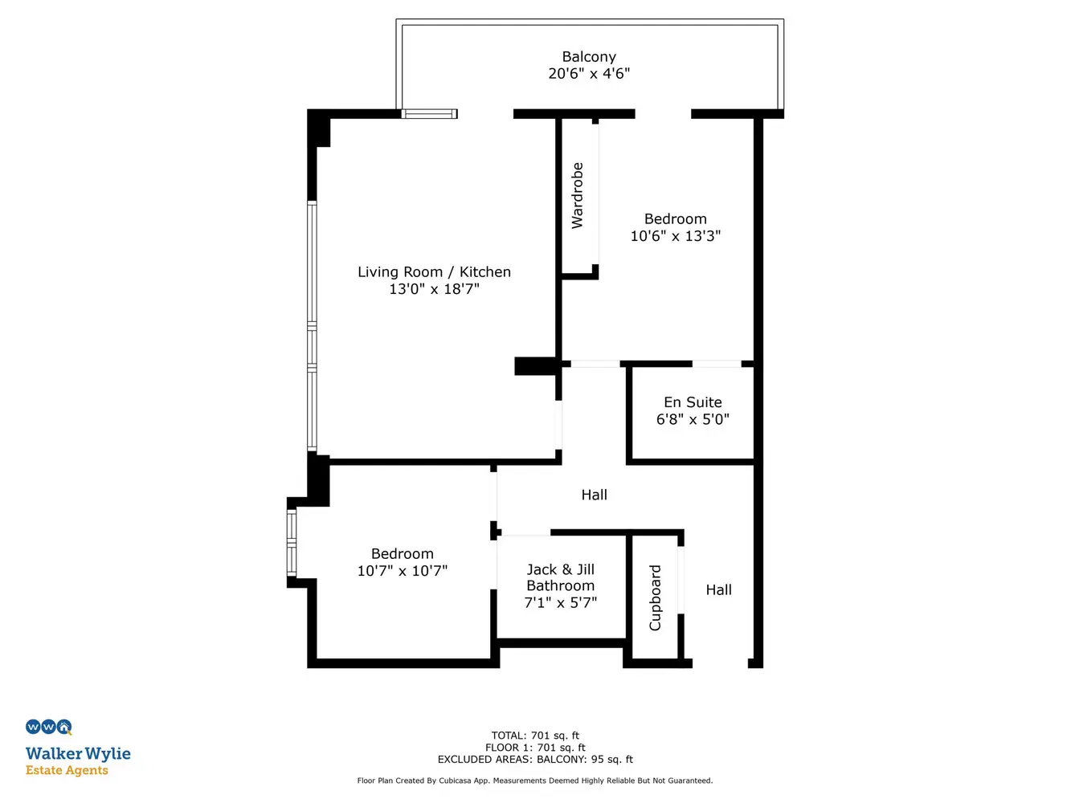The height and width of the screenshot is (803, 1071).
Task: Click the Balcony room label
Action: pos(588,57)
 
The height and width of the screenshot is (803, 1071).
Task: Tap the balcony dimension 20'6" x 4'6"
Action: pos(588,74)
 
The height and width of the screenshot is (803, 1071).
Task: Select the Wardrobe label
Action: pos(577,195)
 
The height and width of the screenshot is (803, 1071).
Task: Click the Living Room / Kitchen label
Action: pos(434,271)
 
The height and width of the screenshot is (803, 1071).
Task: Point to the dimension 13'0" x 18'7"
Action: pos(434,288)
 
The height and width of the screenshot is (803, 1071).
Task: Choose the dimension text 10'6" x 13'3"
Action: pos(675,236)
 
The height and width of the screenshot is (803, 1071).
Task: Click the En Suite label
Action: pos(693,402)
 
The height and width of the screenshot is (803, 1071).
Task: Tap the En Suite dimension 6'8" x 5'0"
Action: pos(693,419)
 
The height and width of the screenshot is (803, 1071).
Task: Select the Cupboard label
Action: pos(655,597)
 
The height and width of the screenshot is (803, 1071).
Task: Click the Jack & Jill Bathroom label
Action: pos(560,577)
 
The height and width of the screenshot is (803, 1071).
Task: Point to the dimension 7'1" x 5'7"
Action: pos(560,602)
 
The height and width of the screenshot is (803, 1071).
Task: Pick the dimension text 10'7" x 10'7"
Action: pos(402,570)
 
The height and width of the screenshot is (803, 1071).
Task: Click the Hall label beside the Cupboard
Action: pos(718,590)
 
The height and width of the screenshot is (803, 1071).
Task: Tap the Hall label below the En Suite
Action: pos(594,495)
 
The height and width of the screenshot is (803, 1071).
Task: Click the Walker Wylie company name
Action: pos(78,754)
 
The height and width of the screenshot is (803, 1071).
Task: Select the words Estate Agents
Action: pos(67,770)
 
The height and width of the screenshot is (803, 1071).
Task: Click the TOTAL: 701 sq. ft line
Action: pos(535,736)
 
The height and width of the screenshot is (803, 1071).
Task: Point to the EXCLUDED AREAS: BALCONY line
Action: pos(535,759)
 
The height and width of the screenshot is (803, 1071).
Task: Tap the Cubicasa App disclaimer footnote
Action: pos(535,781)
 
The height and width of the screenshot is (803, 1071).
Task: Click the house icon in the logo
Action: pos(64,727)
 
